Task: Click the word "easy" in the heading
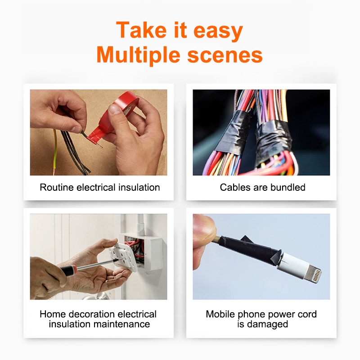(218, 31)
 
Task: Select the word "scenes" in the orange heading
(225, 55)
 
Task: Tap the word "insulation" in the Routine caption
(139, 187)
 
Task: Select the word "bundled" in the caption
(288, 187)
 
